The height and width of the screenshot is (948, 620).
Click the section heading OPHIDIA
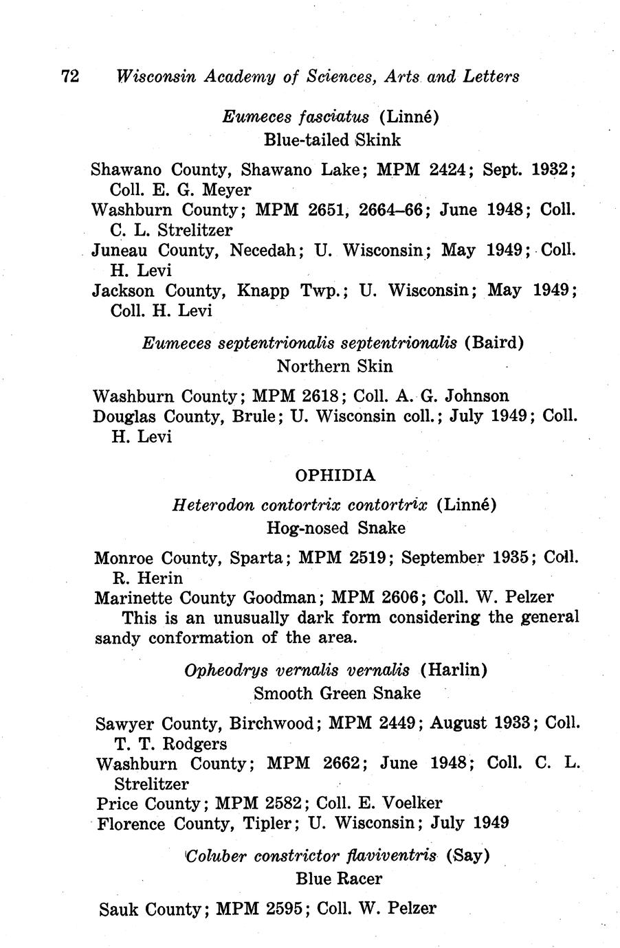pos(335,475)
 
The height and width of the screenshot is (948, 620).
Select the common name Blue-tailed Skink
pos(333,139)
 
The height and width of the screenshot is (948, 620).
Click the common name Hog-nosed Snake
pos(335,528)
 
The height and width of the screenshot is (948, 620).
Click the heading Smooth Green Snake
pos(337,693)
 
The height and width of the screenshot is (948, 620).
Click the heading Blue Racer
pos(339,878)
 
